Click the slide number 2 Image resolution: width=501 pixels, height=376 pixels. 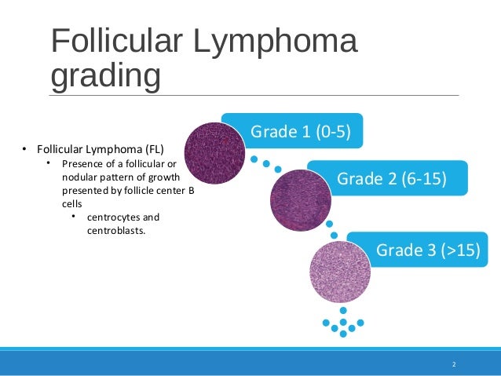454,365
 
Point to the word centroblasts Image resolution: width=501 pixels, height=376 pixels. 115,231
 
